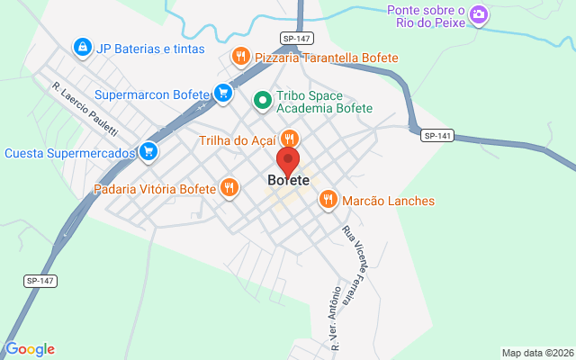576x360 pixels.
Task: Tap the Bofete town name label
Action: pyautogui.click(x=288, y=180)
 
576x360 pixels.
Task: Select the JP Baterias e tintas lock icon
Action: pyautogui.click(x=82, y=47)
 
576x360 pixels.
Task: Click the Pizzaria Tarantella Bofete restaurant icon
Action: pyautogui.click(x=240, y=57)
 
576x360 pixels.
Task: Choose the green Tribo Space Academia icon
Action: pyautogui.click(x=262, y=99)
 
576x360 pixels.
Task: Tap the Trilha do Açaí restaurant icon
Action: pyautogui.click(x=289, y=139)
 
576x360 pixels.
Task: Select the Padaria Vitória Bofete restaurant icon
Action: pyautogui.click(x=230, y=188)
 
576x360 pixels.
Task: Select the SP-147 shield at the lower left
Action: pyautogui.click(x=40, y=281)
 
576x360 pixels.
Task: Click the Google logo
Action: pyautogui.click(x=30, y=349)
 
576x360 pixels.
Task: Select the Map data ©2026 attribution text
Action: pyautogui.click(x=536, y=353)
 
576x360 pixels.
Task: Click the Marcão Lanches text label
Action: pyautogui.click(x=388, y=201)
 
